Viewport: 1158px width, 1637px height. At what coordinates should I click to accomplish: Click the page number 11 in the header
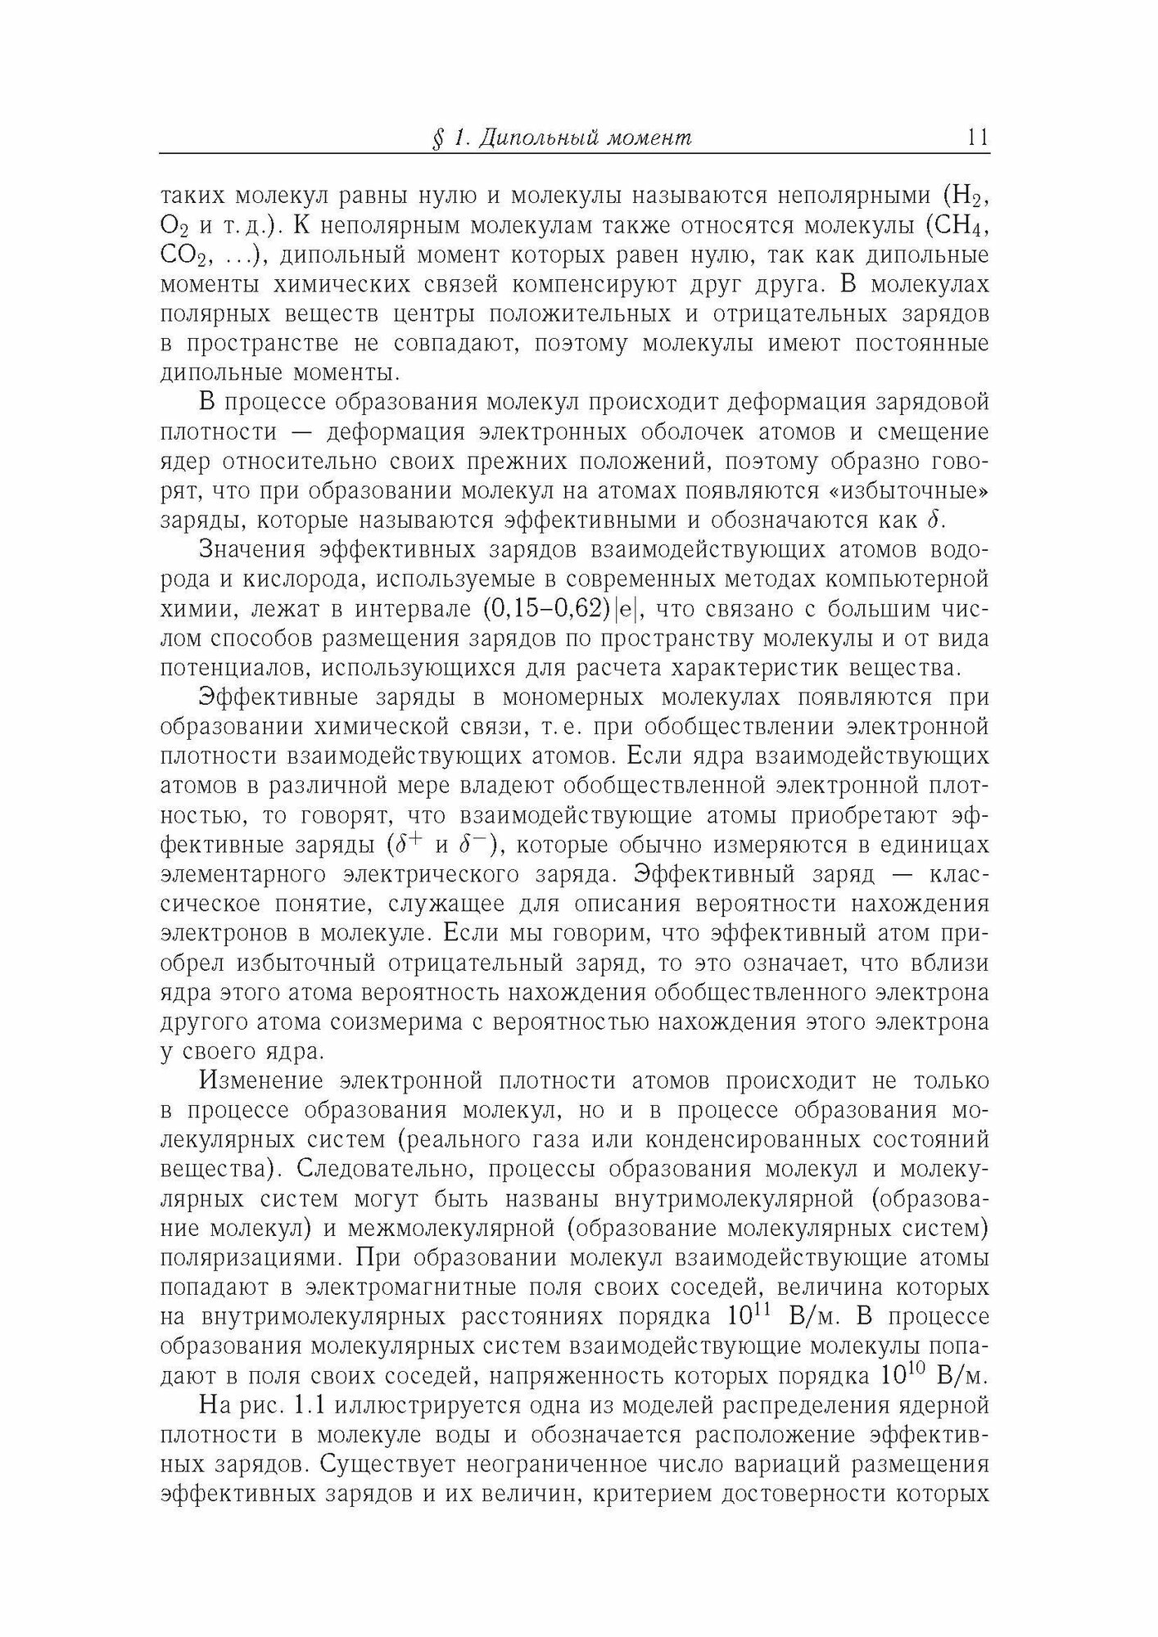pos(977,138)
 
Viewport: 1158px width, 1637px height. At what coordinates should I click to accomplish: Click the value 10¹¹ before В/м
pos(750,1315)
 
